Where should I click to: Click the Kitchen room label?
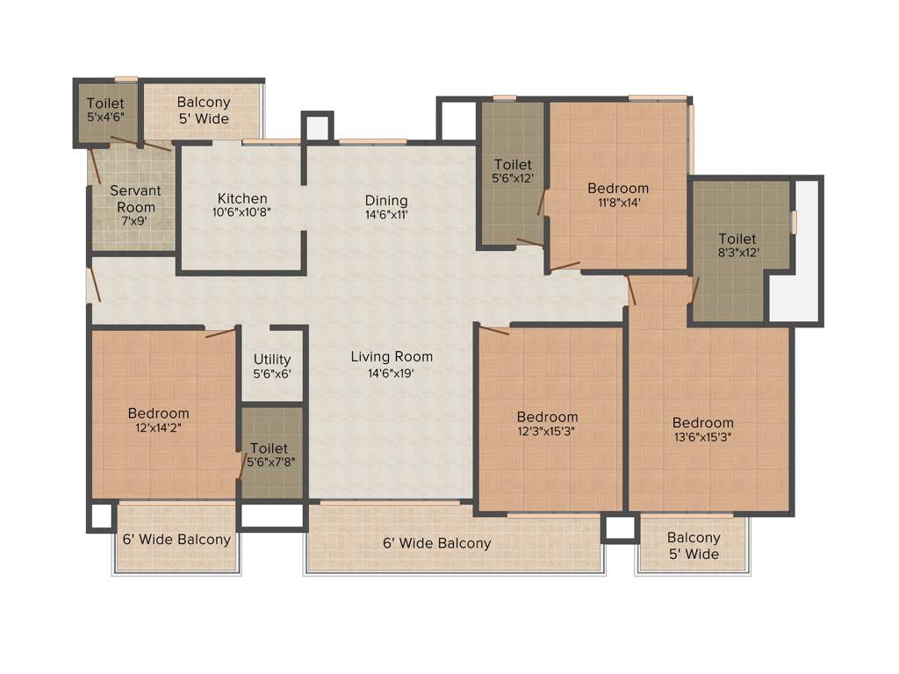[242, 198]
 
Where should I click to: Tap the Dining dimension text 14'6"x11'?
[386, 213]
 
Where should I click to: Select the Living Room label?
[392, 356]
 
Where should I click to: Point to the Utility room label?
[271, 360]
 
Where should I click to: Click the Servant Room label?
[133, 199]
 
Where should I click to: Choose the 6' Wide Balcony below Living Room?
[436, 543]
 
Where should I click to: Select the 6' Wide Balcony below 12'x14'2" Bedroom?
[176, 540]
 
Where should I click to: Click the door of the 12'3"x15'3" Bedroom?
[494, 329]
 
